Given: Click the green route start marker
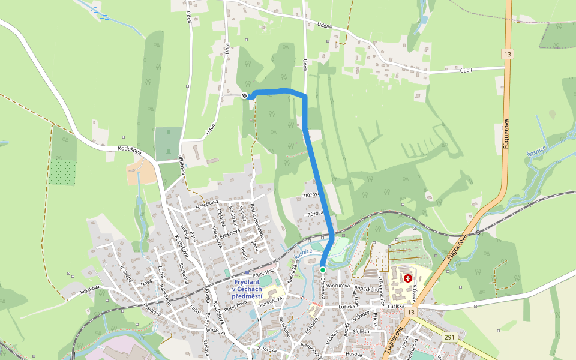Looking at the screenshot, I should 323,270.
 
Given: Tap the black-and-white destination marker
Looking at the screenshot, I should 244,95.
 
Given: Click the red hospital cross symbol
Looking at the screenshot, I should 409,278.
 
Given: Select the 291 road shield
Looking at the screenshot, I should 449,337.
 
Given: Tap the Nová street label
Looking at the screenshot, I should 146,282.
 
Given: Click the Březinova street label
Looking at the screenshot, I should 325,286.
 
